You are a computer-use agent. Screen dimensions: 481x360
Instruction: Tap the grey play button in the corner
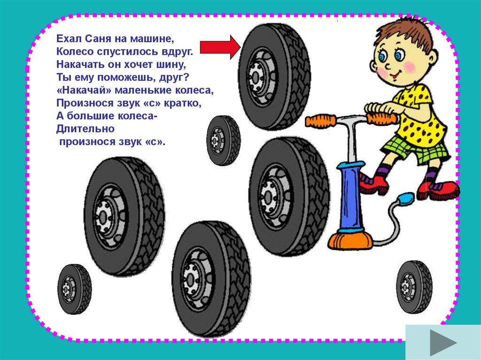point(443,342)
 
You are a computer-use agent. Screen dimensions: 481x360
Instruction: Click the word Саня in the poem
point(98,38)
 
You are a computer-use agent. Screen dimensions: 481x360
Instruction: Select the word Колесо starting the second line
point(75,52)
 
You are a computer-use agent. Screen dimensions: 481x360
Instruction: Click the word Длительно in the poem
point(85,129)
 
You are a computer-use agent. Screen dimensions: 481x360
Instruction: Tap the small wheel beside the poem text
point(223,140)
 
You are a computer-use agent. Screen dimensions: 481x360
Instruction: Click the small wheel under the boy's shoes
point(414,287)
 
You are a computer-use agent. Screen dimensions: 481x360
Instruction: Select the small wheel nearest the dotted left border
point(75,289)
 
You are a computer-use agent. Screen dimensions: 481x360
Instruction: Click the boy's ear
point(433,58)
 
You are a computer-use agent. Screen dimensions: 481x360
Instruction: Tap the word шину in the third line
point(172,65)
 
